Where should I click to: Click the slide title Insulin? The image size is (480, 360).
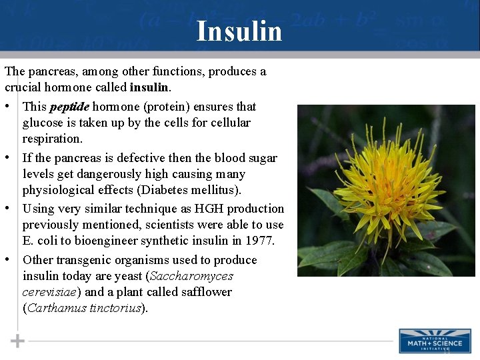point(239,31)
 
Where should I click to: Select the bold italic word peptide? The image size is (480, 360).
point(69,107)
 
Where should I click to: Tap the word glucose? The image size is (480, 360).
point(43,123)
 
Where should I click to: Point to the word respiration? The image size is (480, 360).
point(53,139)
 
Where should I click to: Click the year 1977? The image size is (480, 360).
point(260,241)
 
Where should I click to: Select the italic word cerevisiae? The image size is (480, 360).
point(50,291)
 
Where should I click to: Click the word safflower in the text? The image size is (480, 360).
point(204,291)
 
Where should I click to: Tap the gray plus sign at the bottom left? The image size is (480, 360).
point(17,341)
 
